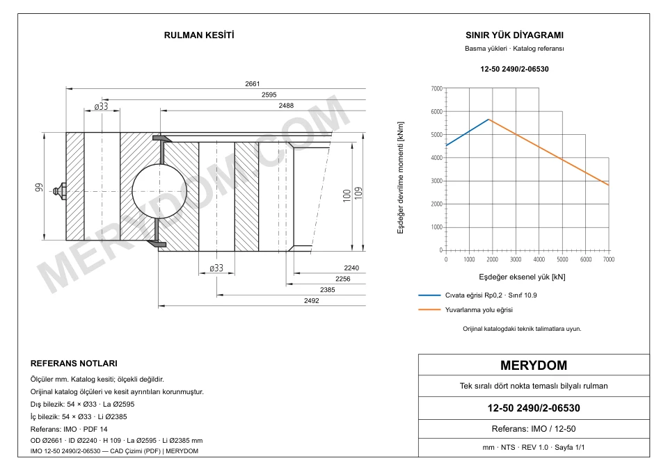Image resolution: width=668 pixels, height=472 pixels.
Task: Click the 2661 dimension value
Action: (252, 84)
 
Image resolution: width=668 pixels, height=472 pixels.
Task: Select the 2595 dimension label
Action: (269, 95)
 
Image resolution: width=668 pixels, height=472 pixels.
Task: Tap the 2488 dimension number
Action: (286, 106)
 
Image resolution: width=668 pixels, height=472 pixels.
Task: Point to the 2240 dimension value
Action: (351, 268)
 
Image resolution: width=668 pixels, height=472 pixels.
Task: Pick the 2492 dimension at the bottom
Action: (312, 301)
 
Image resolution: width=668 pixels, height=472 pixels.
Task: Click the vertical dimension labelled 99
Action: (39, 187)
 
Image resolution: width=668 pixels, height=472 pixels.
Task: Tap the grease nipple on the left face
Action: (60, 191)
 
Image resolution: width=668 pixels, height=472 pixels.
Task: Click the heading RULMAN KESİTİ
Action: (199, 35)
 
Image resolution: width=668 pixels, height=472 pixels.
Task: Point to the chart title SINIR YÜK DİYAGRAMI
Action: (514, 35)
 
